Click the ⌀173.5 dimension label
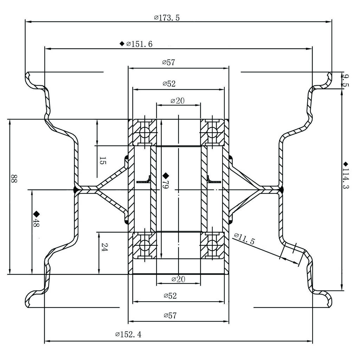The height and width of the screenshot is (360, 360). (167, 17)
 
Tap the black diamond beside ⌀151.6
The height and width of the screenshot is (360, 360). (122, 44)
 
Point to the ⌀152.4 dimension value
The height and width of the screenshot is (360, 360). (128, 334)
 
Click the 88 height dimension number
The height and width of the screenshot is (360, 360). (13, 179)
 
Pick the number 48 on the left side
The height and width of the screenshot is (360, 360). (36, 223)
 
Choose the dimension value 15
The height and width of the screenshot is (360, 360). (102, 161)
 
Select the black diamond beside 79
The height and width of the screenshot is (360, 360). (166, 175)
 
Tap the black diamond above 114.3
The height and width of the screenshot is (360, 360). (346, 164)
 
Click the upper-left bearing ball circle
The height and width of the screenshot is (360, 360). (144, 133)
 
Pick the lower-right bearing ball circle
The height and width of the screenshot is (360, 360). (212, 245)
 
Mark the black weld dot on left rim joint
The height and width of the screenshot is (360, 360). (76, 190)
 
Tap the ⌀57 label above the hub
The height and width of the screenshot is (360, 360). (169, 63)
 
